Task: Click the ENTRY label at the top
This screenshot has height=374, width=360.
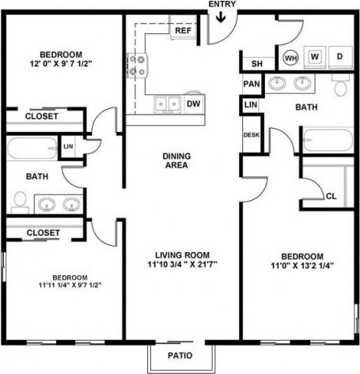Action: pos(221,5)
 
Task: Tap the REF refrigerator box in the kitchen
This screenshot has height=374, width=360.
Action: pos(184,31)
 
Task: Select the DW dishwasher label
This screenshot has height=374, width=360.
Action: pos(193,104)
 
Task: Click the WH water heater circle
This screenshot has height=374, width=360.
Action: pos(290,57)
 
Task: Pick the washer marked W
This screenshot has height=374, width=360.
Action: pos(314,57)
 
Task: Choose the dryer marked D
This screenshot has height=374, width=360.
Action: pos(339,57)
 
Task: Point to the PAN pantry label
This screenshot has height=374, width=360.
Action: pos(252,84)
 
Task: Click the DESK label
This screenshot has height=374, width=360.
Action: pos(252,135)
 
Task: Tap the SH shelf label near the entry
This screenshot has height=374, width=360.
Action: pos(257,64)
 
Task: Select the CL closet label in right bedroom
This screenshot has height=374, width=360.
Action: pos(331,195)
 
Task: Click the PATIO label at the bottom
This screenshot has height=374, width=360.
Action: pos(180,355)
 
